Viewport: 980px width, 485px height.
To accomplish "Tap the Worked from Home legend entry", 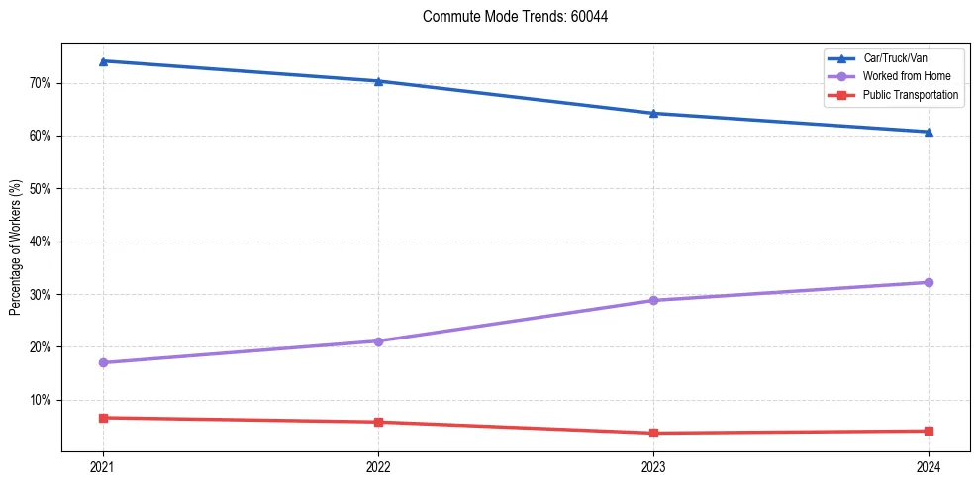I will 906,76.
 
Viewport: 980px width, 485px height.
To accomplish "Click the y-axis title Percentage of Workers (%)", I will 16,247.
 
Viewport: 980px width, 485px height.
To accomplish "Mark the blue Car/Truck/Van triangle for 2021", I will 103,61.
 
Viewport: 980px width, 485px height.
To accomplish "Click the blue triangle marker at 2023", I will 653,113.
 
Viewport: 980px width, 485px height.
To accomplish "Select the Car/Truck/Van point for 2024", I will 929,132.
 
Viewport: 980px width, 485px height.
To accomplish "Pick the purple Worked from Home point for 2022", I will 378,341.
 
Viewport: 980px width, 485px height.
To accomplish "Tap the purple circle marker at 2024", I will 929,282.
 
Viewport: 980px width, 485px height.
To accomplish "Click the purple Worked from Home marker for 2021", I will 103,362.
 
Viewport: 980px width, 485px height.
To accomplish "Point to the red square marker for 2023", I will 653,433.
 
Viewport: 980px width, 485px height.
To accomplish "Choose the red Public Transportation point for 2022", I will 378,422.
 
